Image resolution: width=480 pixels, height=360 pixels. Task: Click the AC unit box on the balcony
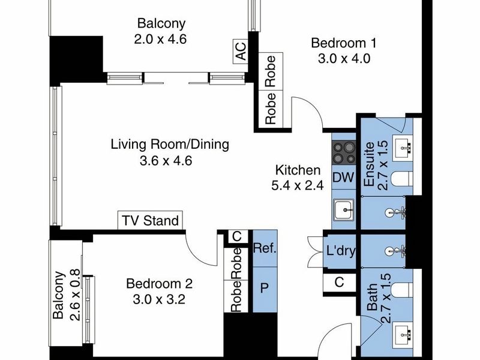tap(241, 52)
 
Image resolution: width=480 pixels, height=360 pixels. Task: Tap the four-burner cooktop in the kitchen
tap(344, 153)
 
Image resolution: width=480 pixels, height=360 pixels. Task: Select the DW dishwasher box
tap(343, 178)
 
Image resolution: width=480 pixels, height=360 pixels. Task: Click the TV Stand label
tap(151, 220)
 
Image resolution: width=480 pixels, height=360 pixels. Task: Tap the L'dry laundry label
tap(340, 251)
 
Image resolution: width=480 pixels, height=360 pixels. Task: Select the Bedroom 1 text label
tap(344, 43)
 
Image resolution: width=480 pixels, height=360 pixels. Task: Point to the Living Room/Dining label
tap(170, 145)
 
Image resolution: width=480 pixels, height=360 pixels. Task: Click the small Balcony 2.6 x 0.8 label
tap(65, 295)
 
